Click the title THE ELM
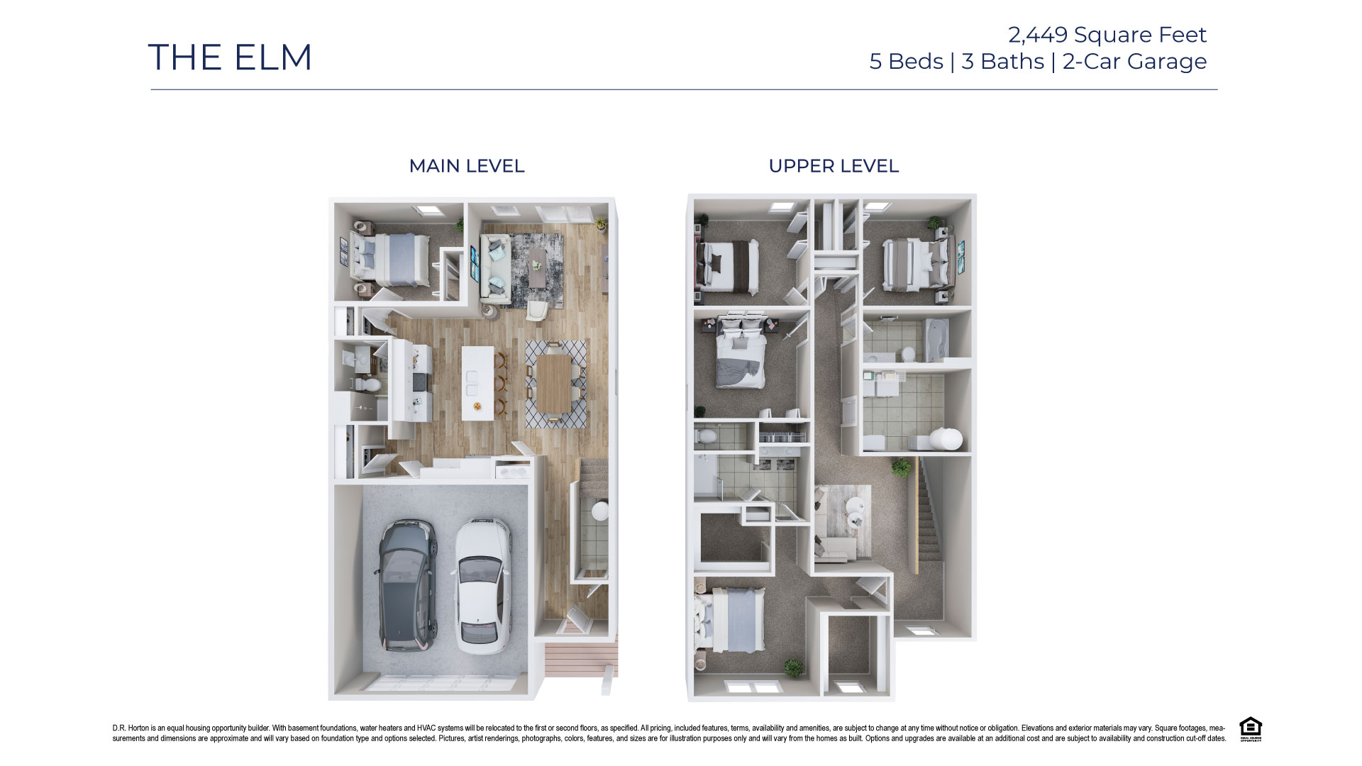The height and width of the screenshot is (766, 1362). point(230,57)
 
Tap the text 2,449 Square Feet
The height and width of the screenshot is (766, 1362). point(1107,34)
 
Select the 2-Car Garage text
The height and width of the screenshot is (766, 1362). point(1134,62)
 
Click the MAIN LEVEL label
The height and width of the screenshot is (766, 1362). point(466,166)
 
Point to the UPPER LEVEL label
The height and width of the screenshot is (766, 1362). point(834,166)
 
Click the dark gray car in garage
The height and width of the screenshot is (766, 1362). point(406,586)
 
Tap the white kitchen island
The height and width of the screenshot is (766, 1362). point(477,383)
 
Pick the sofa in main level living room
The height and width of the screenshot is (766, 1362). point(494,271)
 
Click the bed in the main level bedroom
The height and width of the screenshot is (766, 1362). point(394,260)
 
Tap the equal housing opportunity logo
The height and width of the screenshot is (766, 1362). point(1250,728)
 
